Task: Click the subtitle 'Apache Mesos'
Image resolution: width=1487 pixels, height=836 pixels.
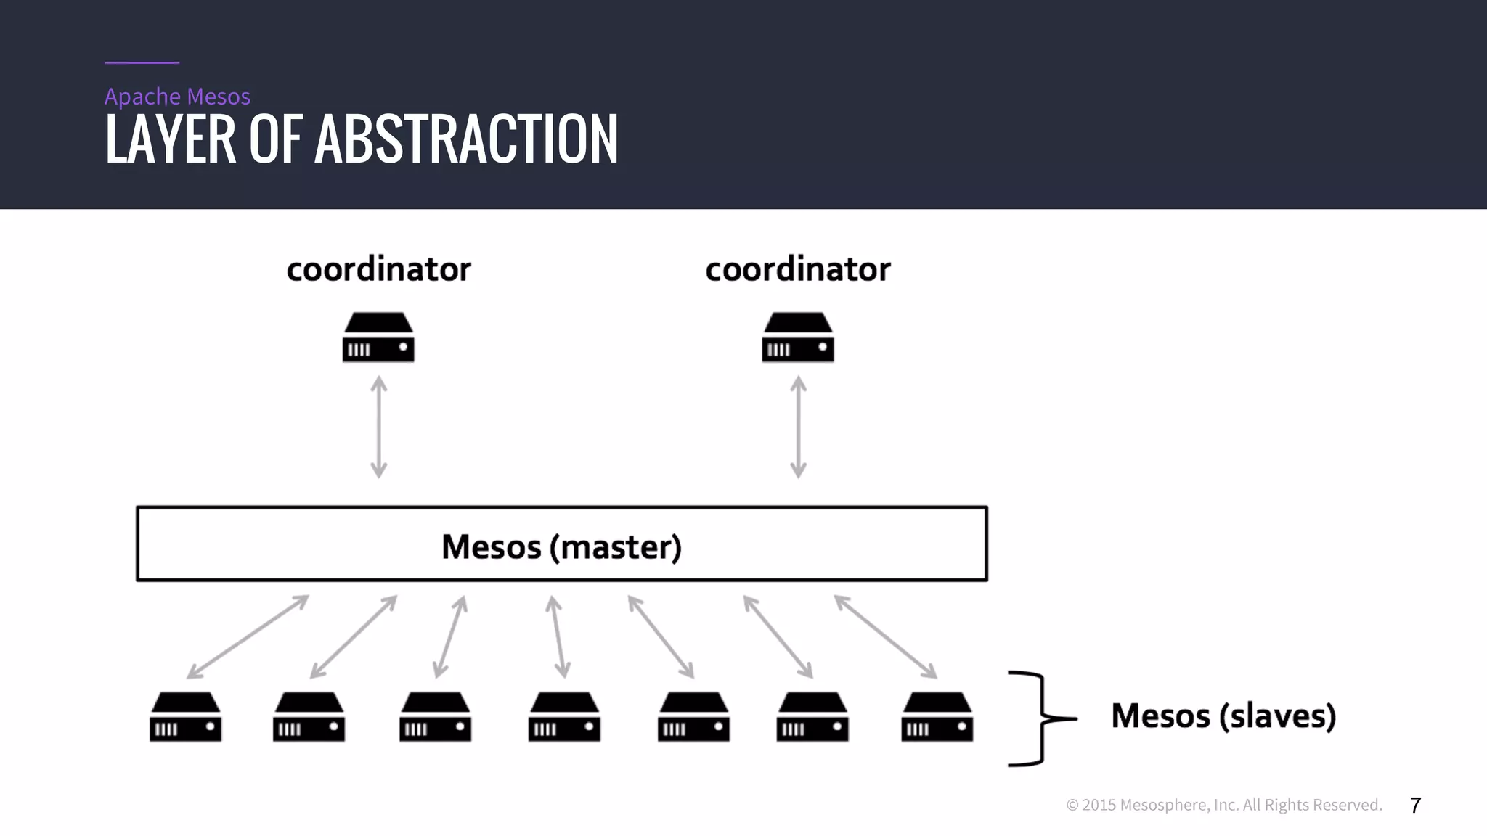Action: (x=177, y=97)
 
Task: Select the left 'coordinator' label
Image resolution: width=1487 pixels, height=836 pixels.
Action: (x=378, y=269)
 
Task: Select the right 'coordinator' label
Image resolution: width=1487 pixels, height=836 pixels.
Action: (x=797, y=269)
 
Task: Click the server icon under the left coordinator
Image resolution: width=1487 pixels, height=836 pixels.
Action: (x=378, y=337)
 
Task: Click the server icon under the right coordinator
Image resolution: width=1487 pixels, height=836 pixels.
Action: (x=797, y=337)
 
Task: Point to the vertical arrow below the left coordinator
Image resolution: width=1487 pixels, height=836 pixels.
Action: (x=378, y=427)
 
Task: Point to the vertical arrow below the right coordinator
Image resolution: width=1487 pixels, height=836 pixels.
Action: (x=798, y=427)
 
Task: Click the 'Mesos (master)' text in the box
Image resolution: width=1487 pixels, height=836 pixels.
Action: (x=561, y=546)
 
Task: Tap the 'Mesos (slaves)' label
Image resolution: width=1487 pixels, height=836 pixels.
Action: (x=1223, y=716)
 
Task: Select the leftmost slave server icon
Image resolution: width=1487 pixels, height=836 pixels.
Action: (x=185, y=717)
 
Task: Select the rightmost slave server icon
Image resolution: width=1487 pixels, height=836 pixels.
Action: (x=937, y=717)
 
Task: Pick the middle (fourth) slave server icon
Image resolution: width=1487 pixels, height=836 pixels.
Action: (x=564, y=717)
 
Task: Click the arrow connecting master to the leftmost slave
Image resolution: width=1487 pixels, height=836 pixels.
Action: (x=248, y=637)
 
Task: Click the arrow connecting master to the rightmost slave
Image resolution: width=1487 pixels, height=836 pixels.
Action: (x=886, y=637)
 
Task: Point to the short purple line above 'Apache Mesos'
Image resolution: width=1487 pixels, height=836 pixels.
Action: (x=142, y=62)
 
